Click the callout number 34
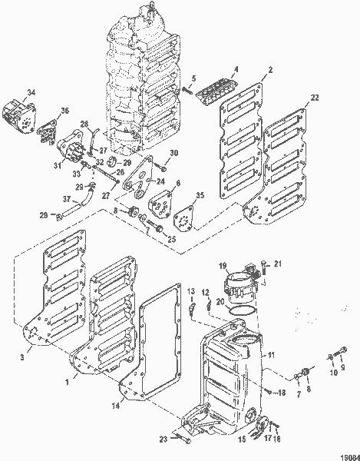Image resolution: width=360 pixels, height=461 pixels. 30,93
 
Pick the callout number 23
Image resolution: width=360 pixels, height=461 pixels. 163,439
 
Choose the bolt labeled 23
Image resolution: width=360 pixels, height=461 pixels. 179,438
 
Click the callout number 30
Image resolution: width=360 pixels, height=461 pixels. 173,152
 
